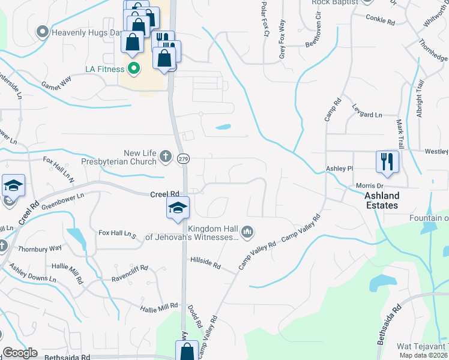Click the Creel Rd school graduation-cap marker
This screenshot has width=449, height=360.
tap(178, 208)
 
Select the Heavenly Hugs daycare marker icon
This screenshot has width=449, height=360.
tap(42, 32)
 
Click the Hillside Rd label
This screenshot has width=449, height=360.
tap(206, 265)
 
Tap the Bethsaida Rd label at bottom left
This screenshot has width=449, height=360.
tap(67, 356)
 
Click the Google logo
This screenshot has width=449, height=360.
tap(20, 353)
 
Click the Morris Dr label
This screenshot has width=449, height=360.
tap(369, 186)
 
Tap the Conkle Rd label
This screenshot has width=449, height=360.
tap(381, 20)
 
